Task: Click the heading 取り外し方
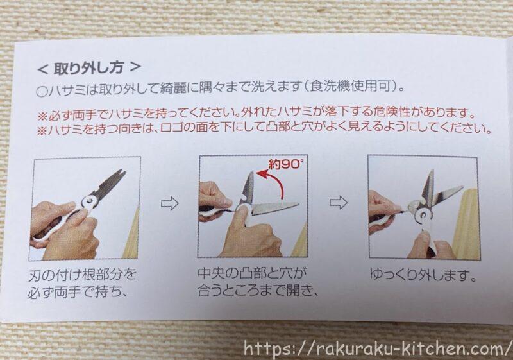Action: coord(88,68)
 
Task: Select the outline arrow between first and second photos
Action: coord(170,203)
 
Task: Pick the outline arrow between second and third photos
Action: coord(339,203)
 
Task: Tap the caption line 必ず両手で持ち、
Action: coord(77,291)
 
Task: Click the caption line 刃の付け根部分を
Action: coord(82,275)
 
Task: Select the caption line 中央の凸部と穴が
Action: coord(252,273)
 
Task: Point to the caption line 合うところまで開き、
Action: coord(258,289)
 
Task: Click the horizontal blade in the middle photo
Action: coord(276,208)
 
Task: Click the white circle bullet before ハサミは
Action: coord(42,91)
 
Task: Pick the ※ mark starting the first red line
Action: coord(43,116)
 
